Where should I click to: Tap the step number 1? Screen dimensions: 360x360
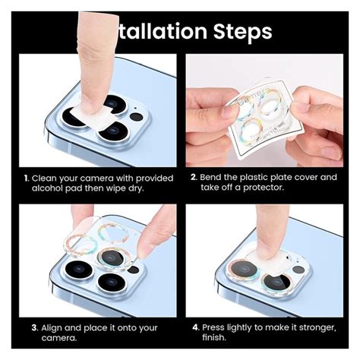pyautogui.click(x=27, y=178)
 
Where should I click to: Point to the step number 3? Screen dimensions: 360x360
pyautogui.click(x=35, y=328)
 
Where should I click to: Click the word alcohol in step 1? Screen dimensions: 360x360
pyautogui.click(x=49, y=189)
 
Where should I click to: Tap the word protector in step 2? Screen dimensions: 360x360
pyautogui.click(x=257, y=188)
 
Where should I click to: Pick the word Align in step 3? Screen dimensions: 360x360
pyautogui.click(x=57, y=328)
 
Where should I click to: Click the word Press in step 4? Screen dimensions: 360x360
pyautogui.click(x=219, y=327)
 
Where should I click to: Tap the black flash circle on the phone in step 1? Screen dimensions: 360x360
pyautogui.click(x=137, y=116)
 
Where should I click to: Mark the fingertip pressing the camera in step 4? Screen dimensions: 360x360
pyautogui.click(x=267, y=254)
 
